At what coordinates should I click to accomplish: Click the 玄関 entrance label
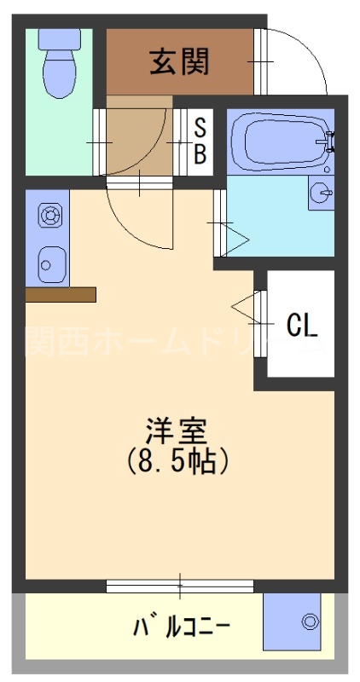point(179,61)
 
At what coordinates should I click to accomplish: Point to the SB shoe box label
point(200,142)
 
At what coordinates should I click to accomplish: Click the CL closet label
point(302,324)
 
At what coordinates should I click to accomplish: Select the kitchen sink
point(48,263)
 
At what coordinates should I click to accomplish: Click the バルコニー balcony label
point(181,628)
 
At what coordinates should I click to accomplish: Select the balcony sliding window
point(180,586)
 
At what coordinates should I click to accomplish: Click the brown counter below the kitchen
point(61,294)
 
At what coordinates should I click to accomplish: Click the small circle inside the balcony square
point(310,622)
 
